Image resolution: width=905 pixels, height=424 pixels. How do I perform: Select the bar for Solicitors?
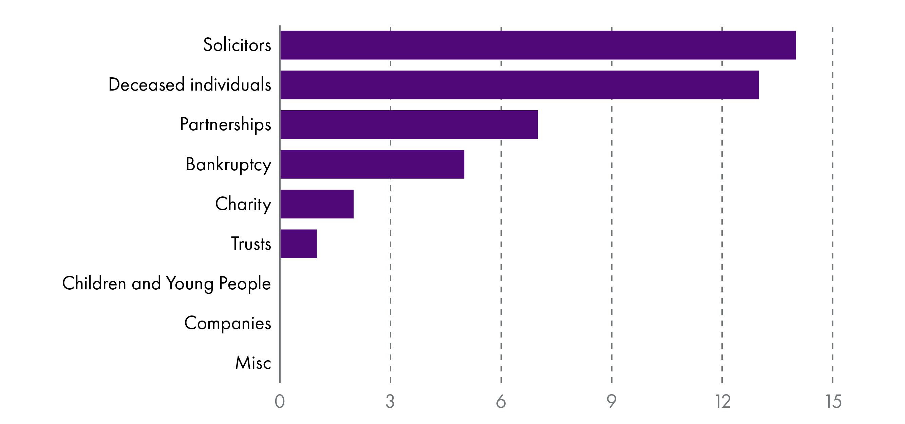click(x=538, y=45)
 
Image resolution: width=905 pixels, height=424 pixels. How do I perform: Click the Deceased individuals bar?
click(x=519, y=85)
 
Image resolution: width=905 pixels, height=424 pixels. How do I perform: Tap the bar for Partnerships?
click(x=409, y=124)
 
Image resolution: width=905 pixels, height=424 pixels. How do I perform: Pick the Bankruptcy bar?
click(x=372, y=164)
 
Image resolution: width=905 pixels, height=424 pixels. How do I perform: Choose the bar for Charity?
click(x=317, y=204)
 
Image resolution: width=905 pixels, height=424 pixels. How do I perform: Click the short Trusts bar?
click(x=299, y=244)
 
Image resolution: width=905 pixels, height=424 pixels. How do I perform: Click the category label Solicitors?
click(x=237, y=45)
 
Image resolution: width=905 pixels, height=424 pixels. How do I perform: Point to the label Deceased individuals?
click(x=190, y=85)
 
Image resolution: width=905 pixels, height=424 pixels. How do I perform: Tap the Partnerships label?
click(x=226, y=124)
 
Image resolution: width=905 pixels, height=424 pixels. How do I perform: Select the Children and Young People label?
click(x=167, y=283)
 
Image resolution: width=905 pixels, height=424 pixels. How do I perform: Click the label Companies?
click(x=228, y=323)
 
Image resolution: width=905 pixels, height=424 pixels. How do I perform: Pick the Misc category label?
click(x=253, y=363)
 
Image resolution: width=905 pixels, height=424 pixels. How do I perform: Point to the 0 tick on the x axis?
click(x=280, y=401)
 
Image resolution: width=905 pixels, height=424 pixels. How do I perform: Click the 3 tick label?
click(x=390, y=401)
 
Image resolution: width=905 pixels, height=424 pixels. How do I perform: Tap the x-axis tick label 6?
click(x=501, y=401)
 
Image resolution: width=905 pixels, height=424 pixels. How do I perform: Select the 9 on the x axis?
click(x=611, y=401)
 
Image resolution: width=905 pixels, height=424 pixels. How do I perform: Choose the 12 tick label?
click(x=723, y=401)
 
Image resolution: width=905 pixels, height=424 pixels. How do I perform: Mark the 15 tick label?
click(x=833, y=401)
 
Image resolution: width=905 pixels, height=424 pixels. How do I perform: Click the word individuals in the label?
click(x=230, y=85)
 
